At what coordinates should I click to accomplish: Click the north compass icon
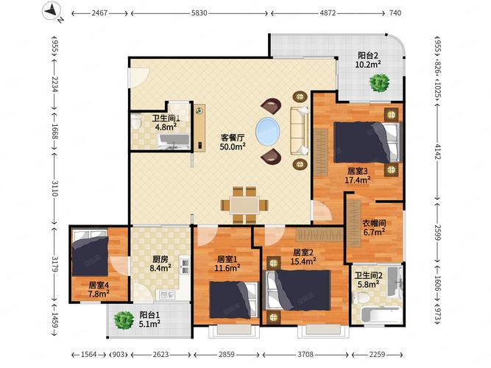click(x=52, y=11)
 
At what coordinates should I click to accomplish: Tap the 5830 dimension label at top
click(x=199, y=13)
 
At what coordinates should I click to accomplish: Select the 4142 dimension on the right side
click(x=437, y=151)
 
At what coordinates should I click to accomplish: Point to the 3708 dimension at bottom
click(x=305, y=355)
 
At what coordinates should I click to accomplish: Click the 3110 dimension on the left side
click(x=54, y=188)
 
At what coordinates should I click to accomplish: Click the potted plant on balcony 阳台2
click(x=379, y=82)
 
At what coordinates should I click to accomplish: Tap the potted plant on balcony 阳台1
click(x=124, y=320)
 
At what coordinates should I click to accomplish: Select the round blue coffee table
click(x=268, y=132)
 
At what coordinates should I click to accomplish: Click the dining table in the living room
click(x=244, y=205)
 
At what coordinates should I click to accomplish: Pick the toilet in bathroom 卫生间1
click(x=136, y=121)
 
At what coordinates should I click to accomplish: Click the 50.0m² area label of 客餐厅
click(x=233, y=146)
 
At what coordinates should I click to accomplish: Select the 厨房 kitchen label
click(x=160, y=259)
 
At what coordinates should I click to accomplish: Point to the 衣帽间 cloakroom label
click(x=374, y=223)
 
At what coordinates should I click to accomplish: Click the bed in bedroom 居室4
click(x=91, y=253)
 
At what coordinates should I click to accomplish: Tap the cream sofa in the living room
click(x=299, y=131)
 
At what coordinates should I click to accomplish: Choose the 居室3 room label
click(x=357, y=171)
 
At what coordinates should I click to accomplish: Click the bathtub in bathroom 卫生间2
click(x=381, y=315)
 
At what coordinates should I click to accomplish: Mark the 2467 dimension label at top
click(x=99, y=13)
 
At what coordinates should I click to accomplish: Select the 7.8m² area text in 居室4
click(x=99, y=294)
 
